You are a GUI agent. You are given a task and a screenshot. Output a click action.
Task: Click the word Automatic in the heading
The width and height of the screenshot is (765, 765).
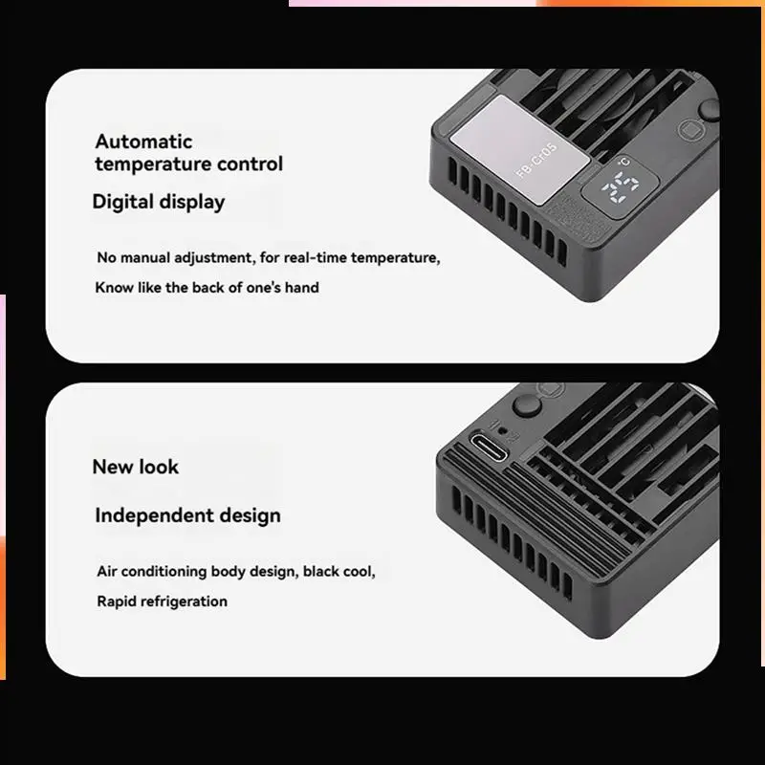click(x=143, y=142)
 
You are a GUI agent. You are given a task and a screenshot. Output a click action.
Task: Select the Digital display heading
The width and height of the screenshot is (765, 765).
click(x=159, y=202)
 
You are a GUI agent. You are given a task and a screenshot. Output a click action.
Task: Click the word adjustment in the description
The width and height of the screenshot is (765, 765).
click(x=214, y=257)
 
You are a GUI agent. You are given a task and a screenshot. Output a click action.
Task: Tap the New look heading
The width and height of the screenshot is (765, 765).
click(x=136, y=467)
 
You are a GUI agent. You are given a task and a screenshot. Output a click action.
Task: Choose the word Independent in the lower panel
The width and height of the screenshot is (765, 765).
click(x=154, y=515)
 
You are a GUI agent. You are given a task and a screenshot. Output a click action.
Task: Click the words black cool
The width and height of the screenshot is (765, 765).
click(x=339, y=571)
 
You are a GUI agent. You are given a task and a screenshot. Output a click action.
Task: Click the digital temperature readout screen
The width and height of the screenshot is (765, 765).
click(x=620, y=186)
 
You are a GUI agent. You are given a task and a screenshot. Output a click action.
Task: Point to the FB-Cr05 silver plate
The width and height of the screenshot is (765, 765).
click(x=519, y=150)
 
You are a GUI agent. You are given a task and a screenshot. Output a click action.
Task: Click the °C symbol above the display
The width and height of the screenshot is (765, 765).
click(x=624, y=162)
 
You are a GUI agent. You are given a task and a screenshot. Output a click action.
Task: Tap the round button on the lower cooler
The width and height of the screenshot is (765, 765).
click(x=527, y=404)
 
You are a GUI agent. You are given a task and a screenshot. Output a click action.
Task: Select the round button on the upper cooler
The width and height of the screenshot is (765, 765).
click(x=709, y=109)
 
